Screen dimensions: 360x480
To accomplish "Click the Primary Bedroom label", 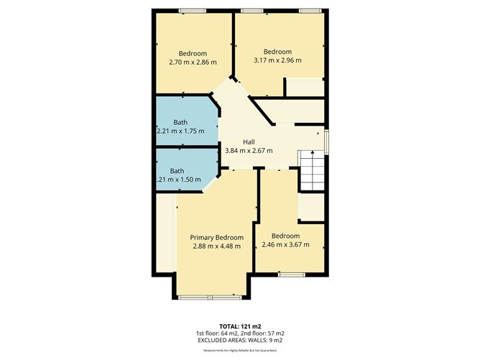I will (x=216, y=238).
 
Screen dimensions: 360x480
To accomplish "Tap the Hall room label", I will (x=249, y=142).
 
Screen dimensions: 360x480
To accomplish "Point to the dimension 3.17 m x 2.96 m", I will (x=277, y=60).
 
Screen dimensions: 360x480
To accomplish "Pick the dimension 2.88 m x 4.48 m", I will (x=216, y=246).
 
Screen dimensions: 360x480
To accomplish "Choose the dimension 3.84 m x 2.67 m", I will (x=249, y=151).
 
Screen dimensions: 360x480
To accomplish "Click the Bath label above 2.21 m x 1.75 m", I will (x=180, y=122).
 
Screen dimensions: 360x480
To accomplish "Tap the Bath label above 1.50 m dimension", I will (x=177, y=171).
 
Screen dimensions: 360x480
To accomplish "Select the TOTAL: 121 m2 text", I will (x=239, y=326).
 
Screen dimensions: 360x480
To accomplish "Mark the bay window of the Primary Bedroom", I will (x=210, y=297).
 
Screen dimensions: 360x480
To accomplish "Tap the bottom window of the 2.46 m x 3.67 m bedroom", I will (x=290, y=274).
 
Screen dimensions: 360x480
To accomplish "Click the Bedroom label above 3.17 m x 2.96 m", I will (x=277, y=52).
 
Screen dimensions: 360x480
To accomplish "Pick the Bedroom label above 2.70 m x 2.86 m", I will (x=193, y=54).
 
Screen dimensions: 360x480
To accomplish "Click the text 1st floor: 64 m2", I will (x=213, y=333).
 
